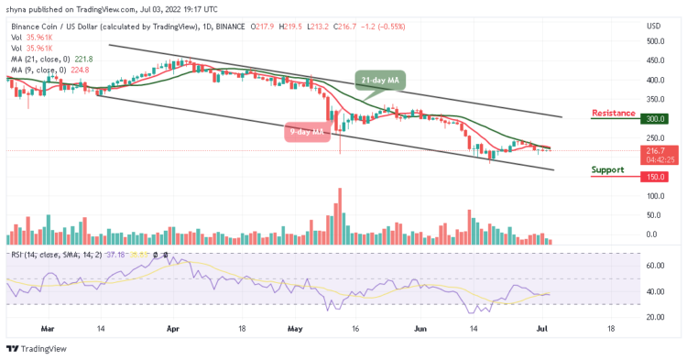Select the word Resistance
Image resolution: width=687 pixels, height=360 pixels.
pyautogui.click(x=614, y=113)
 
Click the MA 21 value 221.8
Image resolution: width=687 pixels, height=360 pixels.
pyautogui.click(x=83, y=59)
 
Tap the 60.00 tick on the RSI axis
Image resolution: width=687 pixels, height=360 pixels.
pyautogui.click(x=654, y=266)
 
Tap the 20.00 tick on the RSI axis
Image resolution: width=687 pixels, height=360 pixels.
pyautogui.click(x=654, y=317)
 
